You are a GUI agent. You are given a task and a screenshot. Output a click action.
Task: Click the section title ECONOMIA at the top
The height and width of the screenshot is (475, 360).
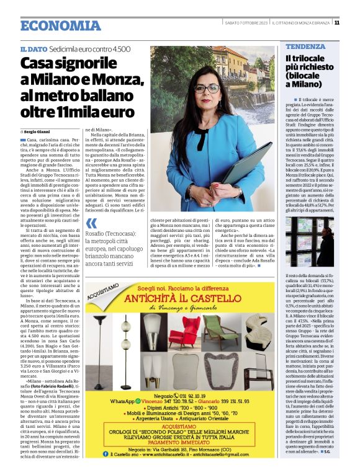point(60,25)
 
